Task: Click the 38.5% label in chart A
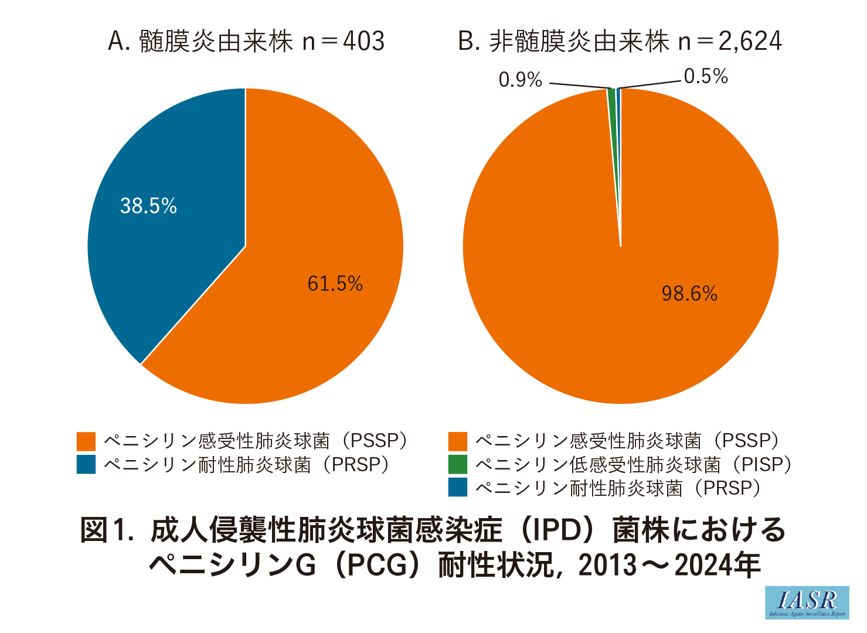148,206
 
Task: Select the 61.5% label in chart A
335,284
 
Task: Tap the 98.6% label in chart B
689,293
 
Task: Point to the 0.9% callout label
520,80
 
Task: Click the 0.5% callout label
706,76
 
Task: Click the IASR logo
807,603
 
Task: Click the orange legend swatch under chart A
86,441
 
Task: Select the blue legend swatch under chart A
86,464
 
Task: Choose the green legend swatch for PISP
458,464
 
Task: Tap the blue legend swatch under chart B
458,488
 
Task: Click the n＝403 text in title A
343,41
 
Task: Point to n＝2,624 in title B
730,41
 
